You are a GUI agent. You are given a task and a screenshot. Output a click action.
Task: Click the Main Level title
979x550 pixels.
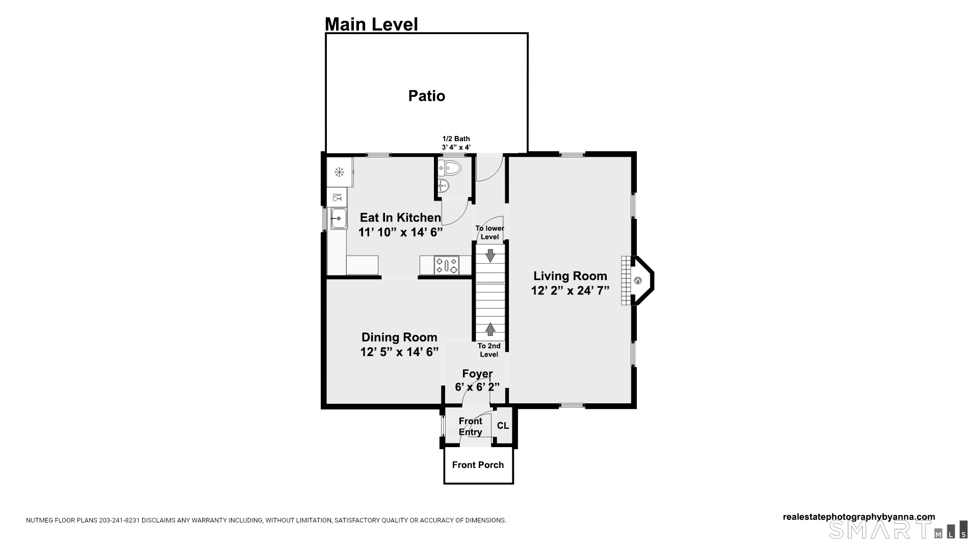click(x=371, y=24)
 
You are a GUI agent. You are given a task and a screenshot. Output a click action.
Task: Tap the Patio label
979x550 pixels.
click(x=427, y=96)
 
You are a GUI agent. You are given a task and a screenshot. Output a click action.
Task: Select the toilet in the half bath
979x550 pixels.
click(x=450, y=167)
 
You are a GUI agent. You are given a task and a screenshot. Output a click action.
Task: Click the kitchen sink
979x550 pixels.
click(x=339, y=218)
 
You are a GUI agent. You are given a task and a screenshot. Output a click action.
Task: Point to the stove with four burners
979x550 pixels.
click(x=446, y=265)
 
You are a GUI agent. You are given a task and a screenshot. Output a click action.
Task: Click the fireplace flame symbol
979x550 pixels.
click(x=637, y=281)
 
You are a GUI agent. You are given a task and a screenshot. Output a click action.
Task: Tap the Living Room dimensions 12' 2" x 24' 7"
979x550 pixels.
click(x=570, y=291)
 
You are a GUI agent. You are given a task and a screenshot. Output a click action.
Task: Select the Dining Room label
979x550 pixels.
click(x=399, y=337)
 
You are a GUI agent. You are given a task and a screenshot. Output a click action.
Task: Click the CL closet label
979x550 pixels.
click(x=503, y=426)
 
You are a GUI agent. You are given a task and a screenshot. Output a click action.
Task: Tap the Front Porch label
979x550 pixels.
click(x=478, y=465)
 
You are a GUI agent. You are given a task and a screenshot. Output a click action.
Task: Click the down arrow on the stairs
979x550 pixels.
click(x=490, y=256)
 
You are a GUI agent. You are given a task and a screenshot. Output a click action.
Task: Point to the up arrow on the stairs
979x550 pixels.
click(x=490, y=329)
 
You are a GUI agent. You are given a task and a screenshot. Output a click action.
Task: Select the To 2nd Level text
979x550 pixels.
click(x=489, y=350)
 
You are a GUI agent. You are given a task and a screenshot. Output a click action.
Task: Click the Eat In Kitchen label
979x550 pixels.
click(x=400, y=217)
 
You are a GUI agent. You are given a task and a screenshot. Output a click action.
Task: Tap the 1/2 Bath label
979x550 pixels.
click(x=456, y=139)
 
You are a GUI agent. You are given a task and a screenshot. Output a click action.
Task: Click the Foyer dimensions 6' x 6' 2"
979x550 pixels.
click(x=477, y=387)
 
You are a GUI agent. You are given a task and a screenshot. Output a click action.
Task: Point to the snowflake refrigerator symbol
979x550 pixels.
click(x=339, y=172)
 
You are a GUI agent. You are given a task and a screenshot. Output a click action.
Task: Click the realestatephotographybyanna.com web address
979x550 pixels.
click(x=859, y=517)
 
